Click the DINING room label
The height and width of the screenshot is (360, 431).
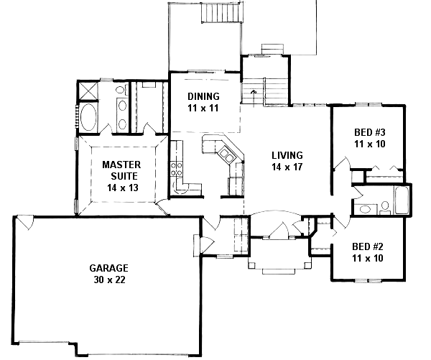coord(203,96)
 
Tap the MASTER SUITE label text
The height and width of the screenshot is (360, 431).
coord(121,170)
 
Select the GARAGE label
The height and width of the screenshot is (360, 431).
coord(109,268)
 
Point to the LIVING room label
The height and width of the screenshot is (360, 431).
coord(287,155)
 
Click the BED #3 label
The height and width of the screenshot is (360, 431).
coord(370,132)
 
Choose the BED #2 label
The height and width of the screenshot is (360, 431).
coord(368,246)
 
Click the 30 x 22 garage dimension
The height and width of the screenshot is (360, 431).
coord(109,280)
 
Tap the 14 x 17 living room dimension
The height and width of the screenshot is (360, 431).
coord(287,167)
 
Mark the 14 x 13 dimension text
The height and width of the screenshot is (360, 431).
coord(123,188)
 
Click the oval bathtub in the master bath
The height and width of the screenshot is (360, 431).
coord(88,117)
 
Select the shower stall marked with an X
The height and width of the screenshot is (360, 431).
coord(88,91)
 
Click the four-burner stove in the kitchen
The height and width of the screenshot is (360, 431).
coord(176,169)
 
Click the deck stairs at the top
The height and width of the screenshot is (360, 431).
coord(221,13)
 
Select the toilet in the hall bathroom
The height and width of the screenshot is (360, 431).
coord(385,208)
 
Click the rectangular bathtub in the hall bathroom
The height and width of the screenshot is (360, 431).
coord(402,200)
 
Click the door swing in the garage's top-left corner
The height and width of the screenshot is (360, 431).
coord(25,222)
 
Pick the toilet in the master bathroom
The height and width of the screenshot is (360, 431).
coord(121,90)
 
